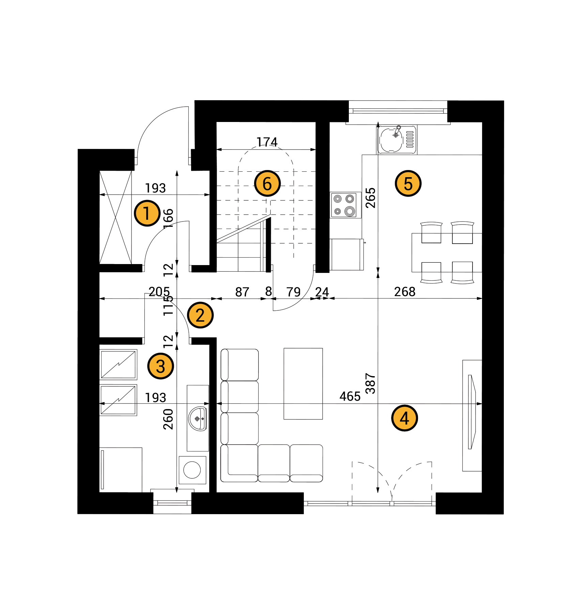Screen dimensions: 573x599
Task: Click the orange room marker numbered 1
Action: pyautogui.click(x=147, y=213)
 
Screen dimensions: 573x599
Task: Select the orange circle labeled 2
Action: pyautogui.click(x=200, y=315)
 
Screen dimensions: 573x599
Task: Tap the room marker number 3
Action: pyautogui.click(x=160, y=366)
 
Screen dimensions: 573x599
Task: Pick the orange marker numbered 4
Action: pyautogui.click(x=404, y=418)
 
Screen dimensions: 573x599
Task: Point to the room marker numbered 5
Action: pyautogui.click(x=408, y=184)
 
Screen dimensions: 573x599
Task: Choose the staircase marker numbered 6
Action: pyautogui.click(x=267, y=184)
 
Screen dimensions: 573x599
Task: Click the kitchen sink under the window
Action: pyautogui.click(x=397, y=139)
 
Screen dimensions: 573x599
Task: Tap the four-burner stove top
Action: pyautogui.click(x=344, y=205)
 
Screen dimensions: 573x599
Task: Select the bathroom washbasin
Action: pyautogui.click(x=198, y=418)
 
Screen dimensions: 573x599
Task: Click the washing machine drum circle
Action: pyautogui.click(x=192, y=470)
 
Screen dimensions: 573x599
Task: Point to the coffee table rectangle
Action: pyautogui.click(x=303, y=384)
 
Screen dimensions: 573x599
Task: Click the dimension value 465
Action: pyautogui.click(x=350, y=396)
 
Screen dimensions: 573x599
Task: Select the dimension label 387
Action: pyautogui.click(x=370, y=384)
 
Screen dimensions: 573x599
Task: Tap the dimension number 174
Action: pyautogui.click(x=267, y=142)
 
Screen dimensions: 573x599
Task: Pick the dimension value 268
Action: pyautogui.click(x=405, y=292)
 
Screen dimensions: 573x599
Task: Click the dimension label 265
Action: pyautogui.click(x=370, y=198)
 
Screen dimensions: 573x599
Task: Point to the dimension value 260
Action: pyautogui.click(x=168, y=419)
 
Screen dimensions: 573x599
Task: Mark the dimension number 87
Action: pyautogui.click(x=242, y=292)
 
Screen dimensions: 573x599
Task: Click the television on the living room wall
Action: pyautogui.click(x=472, y=412)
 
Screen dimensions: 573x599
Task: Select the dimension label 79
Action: pyautogui.click(x=293, y=292)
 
